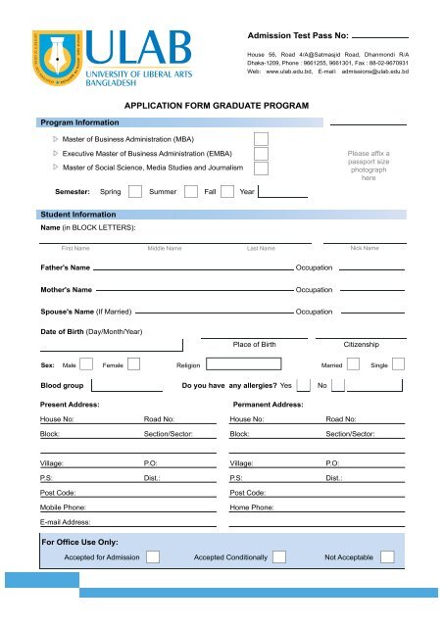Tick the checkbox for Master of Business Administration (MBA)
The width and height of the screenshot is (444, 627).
click(x=261, y=139)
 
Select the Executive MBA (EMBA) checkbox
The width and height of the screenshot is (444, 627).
click(x=261, y=154)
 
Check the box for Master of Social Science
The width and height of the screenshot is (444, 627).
click(x=261, y=169)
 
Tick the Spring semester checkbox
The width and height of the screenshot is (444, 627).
click(x=136, y=192)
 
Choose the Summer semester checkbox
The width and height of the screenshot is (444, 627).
click(x=190, y=192)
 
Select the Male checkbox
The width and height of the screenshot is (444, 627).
click(x=86, y=365)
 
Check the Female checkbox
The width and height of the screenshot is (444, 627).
click(x=134, y=365)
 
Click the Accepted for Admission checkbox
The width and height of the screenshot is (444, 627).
click(x=154, y=557)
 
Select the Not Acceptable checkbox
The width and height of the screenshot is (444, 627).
click(x=387, y=557)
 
